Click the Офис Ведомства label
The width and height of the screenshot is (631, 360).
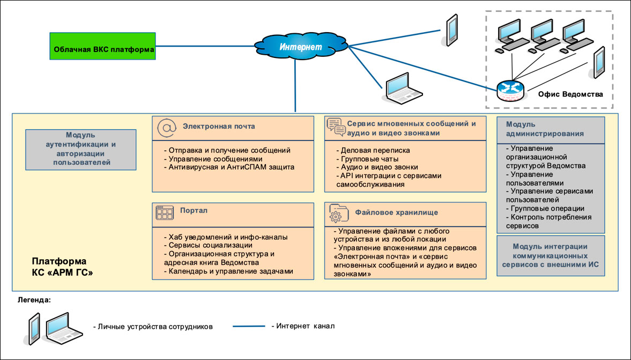[570, 94]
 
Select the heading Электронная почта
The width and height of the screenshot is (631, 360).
[219, 127]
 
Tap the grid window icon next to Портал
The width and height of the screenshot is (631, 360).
[164, 212]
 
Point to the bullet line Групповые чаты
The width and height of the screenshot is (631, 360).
[369, 159]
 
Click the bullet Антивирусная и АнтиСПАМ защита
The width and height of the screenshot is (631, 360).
[231, 167]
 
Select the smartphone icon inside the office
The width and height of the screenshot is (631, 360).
[599, 63]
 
